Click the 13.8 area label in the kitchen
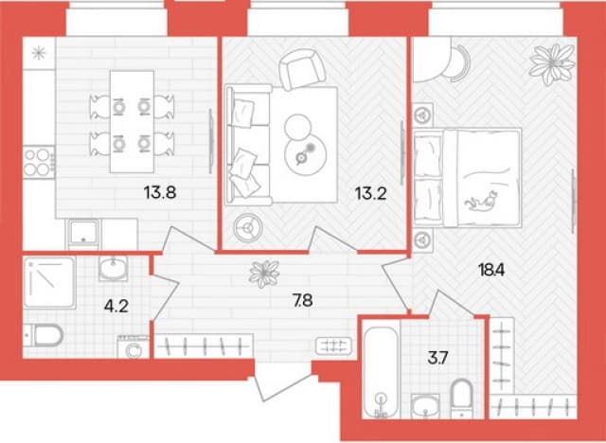(160, 191)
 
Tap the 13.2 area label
(370, 193)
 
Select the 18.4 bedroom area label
(491, 271)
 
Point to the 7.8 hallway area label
(303, 300)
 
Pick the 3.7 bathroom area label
(437, 359)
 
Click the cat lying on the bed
(481, 202)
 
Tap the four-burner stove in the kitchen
(39, 162)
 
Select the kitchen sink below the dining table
(83, 234)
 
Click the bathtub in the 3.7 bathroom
(381, 372)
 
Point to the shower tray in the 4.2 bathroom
(49, 282)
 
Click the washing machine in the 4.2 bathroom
(133, 346)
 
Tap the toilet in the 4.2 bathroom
(44, 336)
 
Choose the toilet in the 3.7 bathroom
(463, 399)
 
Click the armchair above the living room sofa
(303, 71)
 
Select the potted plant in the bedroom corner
(552, 63)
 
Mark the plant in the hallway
(264, 274)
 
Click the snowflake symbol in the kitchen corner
(39, 53)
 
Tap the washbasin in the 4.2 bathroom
(113, 268)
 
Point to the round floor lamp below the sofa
(248, 228)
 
